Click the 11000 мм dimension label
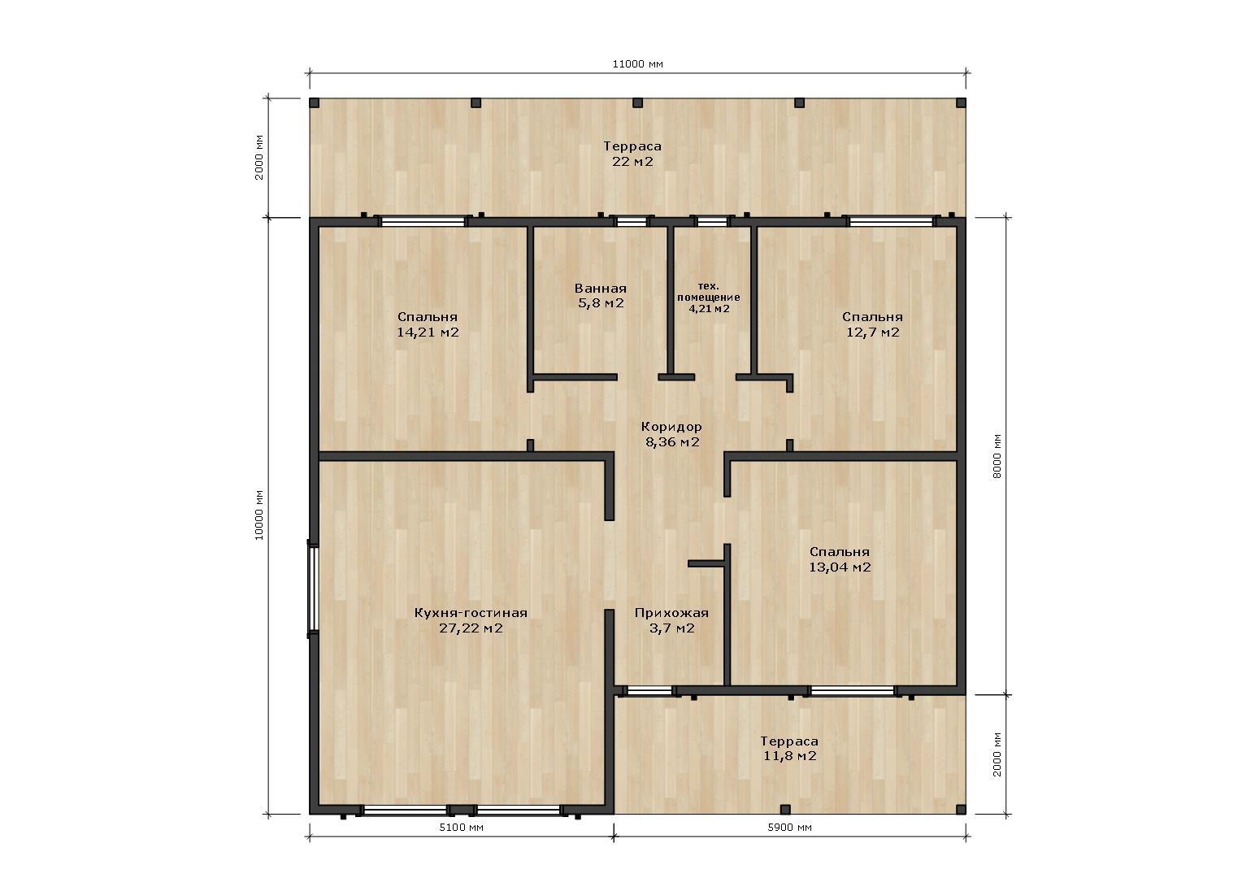pos(637,63)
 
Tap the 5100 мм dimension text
pos(462,828)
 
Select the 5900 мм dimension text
pos(789,828)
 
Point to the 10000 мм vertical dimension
pos(259,515)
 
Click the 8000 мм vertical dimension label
pos(997,456)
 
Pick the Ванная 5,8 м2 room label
pos(601,296)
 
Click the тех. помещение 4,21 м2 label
pos(709,298)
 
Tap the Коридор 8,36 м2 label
pos(671,434)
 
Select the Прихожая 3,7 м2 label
pos(671,620)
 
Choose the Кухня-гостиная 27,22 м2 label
pos(471,620)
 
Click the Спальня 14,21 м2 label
pos(428,324)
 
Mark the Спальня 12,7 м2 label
pos(872,324)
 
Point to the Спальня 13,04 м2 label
pos(840,559)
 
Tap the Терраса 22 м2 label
pos(632,154)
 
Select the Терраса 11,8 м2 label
pos(789,748)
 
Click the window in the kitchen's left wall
pos(313,589)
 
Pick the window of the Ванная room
pos(632,222)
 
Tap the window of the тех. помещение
pos(712,222)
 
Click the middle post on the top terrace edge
pos(637,102)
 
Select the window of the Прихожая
pos(649,690)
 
